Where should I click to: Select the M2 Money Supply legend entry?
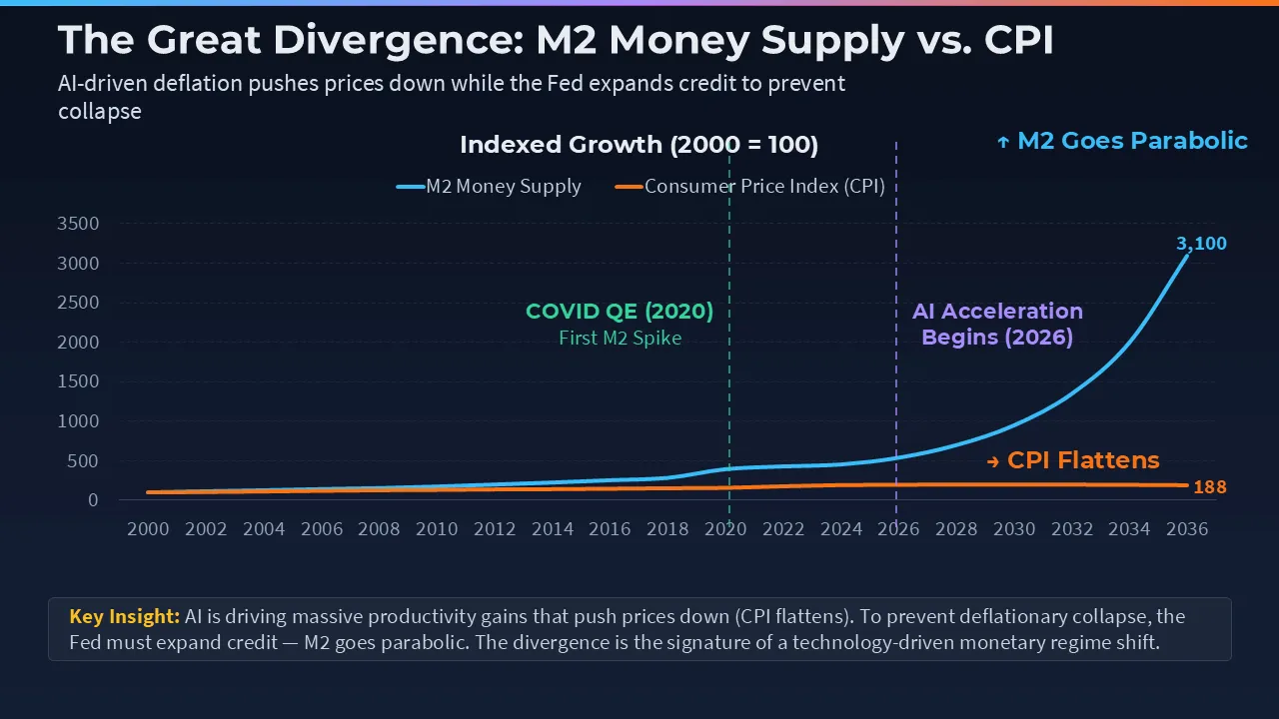(490, 187)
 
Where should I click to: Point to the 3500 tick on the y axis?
(79, 224)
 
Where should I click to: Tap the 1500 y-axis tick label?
(79, 381)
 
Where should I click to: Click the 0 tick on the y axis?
(92, 500)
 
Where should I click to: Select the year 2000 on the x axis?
(148, 529)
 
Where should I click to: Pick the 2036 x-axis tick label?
(1186, 529)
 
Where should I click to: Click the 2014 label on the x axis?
(552, 529)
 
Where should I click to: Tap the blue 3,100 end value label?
(1201, 244)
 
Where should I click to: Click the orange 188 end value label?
(1210, 487)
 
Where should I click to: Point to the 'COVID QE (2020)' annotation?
(620, 312)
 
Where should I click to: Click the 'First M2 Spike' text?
(620, 338)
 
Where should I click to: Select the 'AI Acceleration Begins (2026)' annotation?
(997, 325)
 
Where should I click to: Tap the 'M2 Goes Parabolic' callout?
(1122, 141)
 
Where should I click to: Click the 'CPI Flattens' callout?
(1072, 460)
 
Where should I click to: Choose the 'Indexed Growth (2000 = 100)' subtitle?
(639, 145)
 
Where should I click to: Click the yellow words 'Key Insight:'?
(124, 616)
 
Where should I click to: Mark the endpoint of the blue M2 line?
(1187, 255)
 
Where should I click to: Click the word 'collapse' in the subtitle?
(99, 111)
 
